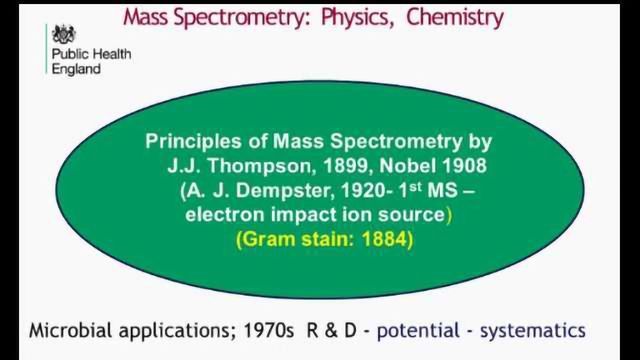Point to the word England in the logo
[x=76, y=70]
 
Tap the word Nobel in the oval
[x=395, y=166]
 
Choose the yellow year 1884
[x=382, y=240]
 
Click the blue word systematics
[x=534, y=331]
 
